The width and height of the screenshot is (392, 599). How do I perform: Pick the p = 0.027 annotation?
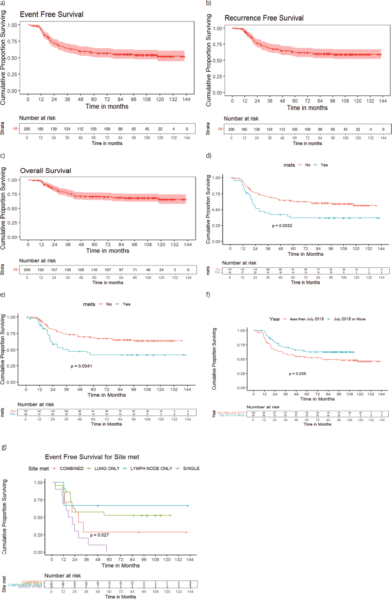click(x=100, y=535)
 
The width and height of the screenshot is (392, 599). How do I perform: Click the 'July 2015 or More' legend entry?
click(x=349, y=319)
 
